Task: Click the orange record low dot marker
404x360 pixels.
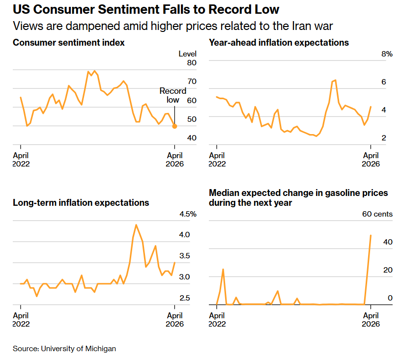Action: click(x=174, y=126)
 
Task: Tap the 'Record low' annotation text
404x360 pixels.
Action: click(x=173, y=95)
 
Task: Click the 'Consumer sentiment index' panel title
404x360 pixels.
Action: click(x=69, y=43)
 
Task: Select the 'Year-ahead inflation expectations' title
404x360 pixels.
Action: click(x=279, y=43)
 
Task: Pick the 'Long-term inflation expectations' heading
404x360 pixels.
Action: click(x=81, y=202)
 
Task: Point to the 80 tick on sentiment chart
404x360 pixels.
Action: click(x=191, y=63)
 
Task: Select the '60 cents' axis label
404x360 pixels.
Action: click(x=377, y=214)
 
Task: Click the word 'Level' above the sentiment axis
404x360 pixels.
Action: click(x=187, y=54)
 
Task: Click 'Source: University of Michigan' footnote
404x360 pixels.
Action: click(x=64, y=348)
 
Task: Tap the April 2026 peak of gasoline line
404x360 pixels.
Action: click(x=371, y=235)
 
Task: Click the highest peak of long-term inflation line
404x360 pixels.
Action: click(x=136, y=225)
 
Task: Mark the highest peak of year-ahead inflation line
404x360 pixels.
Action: click(x=335, y=80)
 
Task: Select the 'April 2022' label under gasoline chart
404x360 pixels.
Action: click(x=217, y=320)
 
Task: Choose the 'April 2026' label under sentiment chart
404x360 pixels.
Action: click(x=174, y=160)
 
